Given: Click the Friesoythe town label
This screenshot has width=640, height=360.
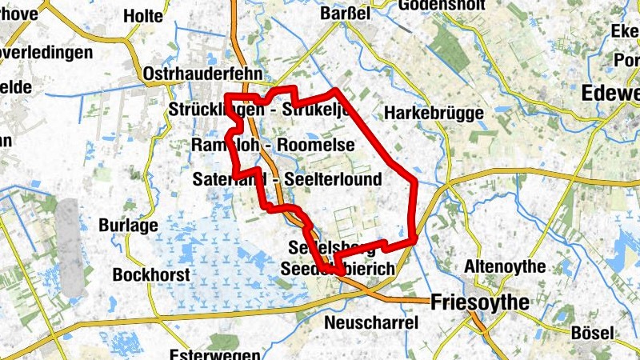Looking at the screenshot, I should click(x=480, y=302).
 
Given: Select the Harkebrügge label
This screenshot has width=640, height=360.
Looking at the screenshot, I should click(x=434, y=114).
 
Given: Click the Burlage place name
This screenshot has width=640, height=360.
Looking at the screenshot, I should click(x=128, y=226).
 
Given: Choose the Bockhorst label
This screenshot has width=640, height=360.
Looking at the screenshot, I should click(x=151, y=274).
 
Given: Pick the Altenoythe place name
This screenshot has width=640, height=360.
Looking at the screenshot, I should click(x=503, y=266).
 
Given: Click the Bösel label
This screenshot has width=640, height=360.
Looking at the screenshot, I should click(x=593, y=332).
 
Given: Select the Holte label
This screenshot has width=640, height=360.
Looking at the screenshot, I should click(x=145, y=16).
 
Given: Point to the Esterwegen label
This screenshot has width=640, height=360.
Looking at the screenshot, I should click(x=214, y=354).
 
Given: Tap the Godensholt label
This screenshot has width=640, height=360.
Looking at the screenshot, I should click(x=437, y=5).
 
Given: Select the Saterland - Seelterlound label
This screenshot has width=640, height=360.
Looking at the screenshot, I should click(x=287, y=179).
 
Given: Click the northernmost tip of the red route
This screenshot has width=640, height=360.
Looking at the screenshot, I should click(x=336, y=90).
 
